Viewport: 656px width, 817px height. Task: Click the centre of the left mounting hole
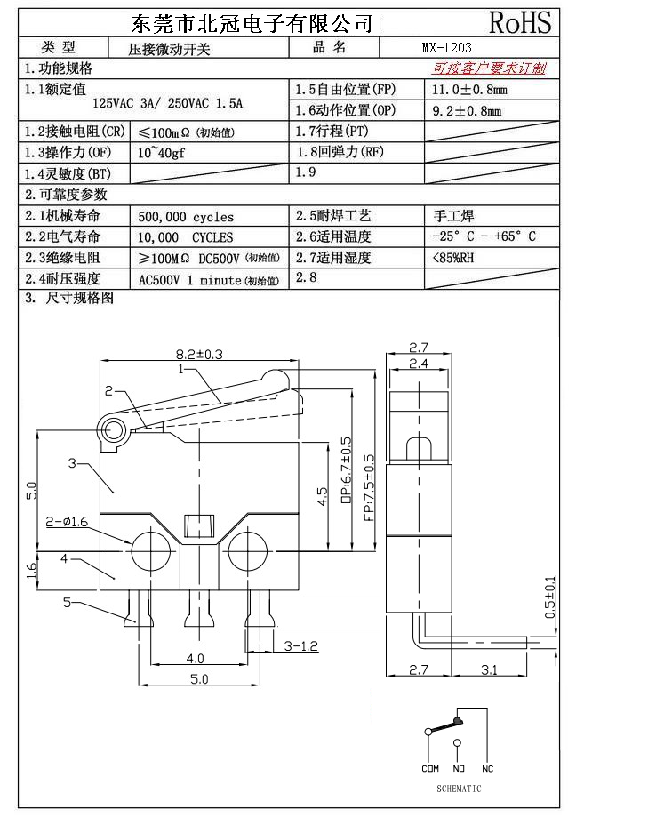pos(151,549)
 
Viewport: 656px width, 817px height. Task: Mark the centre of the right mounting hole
pos(247,549)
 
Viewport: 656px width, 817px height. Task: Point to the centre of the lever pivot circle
pos(110,431)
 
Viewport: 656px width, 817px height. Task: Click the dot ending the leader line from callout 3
pos(113,492)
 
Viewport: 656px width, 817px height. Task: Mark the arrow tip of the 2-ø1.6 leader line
pos(131,543)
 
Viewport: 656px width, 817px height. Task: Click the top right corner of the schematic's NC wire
pos(487,708)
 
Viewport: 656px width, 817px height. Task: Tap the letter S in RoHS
pos(542,22)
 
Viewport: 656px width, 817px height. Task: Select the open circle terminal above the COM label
pos(428,732)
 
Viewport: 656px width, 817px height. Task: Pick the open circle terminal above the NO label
pos(458,742)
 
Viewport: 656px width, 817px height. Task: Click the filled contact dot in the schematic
pos(458,721)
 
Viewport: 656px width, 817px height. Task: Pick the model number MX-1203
pos(446,48)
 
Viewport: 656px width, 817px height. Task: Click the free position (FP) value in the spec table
pos(469,90)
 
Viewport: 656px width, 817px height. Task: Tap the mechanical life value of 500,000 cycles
pos(186,216)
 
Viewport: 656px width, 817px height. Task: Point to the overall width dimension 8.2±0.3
pos(199,355)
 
